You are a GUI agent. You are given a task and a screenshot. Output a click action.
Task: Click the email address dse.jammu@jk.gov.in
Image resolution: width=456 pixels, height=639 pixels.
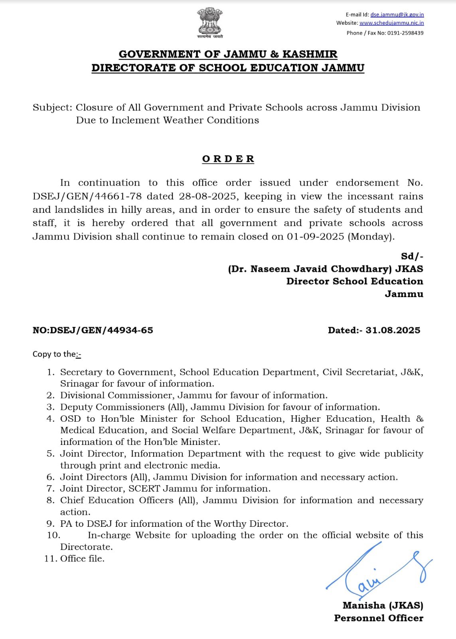[x=397, y=14]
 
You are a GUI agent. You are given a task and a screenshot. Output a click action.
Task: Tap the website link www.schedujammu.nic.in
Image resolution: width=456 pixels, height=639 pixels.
[x=391, y=23]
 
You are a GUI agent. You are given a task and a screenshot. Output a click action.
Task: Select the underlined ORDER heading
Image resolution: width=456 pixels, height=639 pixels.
[x=228, y=159]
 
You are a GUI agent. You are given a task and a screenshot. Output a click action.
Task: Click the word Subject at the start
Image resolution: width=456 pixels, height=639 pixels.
[x=51, y=108]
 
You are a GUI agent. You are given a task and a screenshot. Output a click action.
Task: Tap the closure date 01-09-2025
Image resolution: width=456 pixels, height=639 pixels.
[x=315, y=237]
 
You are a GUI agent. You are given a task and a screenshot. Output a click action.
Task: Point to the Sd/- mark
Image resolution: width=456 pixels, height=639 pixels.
[x=412, y=256]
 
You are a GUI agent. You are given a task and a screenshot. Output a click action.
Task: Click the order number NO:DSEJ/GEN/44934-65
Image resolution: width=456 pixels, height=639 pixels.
[x=93, y=330]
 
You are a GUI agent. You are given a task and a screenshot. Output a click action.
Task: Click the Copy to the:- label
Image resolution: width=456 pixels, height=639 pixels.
[x=57, y=354]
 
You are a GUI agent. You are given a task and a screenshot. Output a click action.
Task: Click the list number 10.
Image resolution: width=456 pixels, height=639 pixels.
[x=53, y=536]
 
